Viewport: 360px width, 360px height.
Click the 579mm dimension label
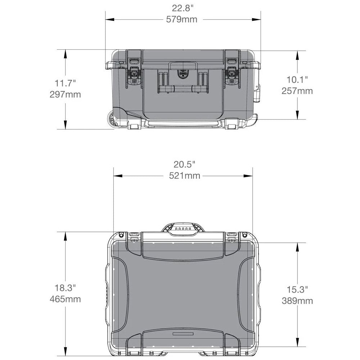click(x=182, y=19)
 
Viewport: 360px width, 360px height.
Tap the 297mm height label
click(x=65, y=95)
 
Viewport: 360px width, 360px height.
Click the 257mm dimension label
click(x=297, y=91)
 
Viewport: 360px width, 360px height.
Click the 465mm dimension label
click(x=65, y=299)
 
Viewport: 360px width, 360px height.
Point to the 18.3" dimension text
click(x=65, y=288)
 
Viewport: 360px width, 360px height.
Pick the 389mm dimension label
click(x=297, y=301)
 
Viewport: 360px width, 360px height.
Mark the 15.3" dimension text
click(x=297, y=289)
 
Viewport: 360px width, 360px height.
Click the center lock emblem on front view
click(x=183, y=75)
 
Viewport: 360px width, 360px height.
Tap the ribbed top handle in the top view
click(x=183, y=229)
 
